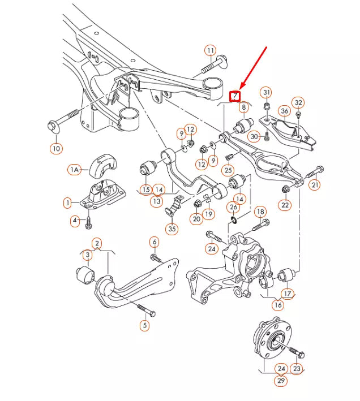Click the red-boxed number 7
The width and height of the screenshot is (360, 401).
click(235, 96)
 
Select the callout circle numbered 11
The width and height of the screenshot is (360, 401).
click(211, 51)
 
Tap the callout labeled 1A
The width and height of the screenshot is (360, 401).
click(75, 170)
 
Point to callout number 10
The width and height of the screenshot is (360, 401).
click(56, 148)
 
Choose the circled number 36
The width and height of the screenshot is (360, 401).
click(285, 111)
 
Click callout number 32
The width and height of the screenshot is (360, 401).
click(298, 103)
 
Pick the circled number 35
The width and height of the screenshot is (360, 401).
click(172, 228)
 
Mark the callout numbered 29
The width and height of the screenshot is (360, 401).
click(281, 381)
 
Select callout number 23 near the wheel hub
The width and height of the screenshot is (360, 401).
click(297, 369)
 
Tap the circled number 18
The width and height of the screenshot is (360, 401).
click(260, 212)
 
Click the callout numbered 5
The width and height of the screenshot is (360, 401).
click(144, 325)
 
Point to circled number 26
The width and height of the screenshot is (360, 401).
click(233, 207)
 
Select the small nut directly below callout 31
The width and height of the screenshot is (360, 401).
click(267, 106)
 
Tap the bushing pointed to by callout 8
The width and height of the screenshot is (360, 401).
click(243, 126)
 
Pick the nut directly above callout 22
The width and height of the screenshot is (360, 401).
click(285, 189)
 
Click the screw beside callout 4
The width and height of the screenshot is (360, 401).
click(88, 223)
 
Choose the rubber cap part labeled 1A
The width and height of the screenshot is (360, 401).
click(102, 165)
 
